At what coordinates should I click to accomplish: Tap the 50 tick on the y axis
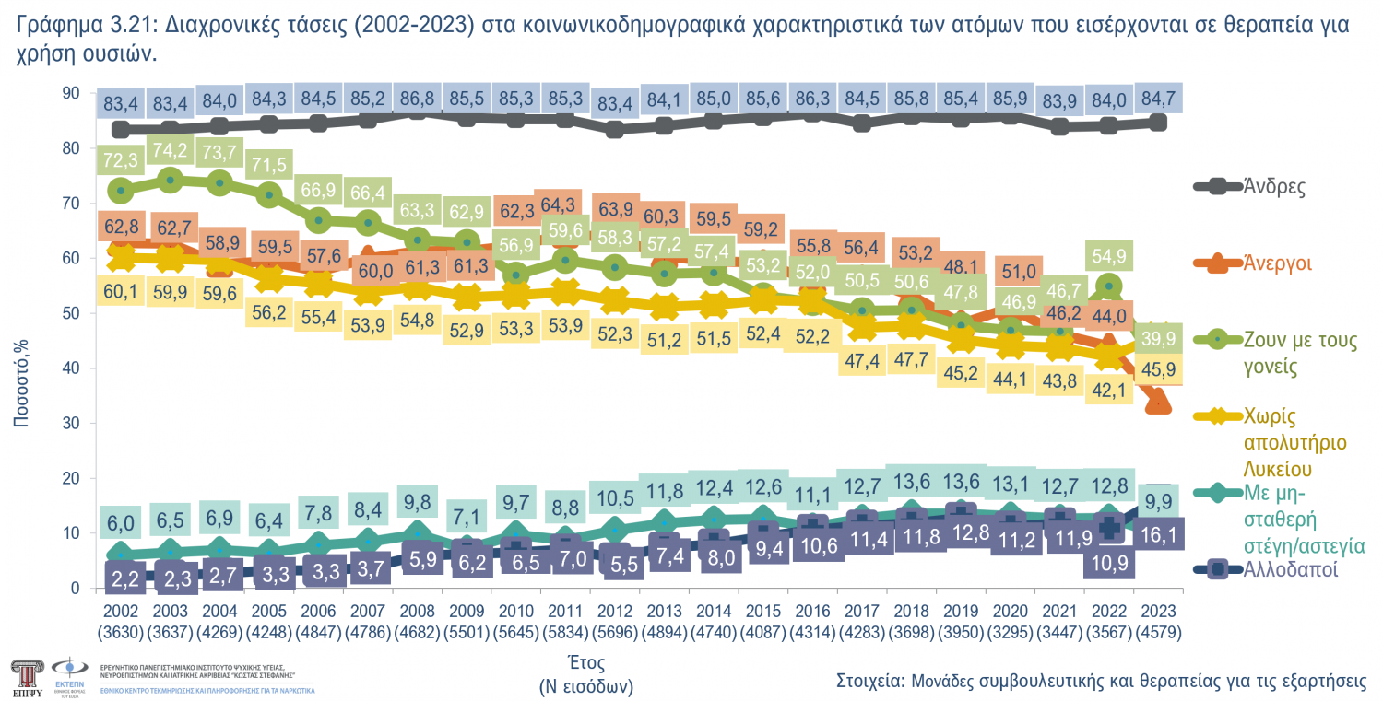point(71,313)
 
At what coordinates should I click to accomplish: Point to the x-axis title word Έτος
point(586,663)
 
